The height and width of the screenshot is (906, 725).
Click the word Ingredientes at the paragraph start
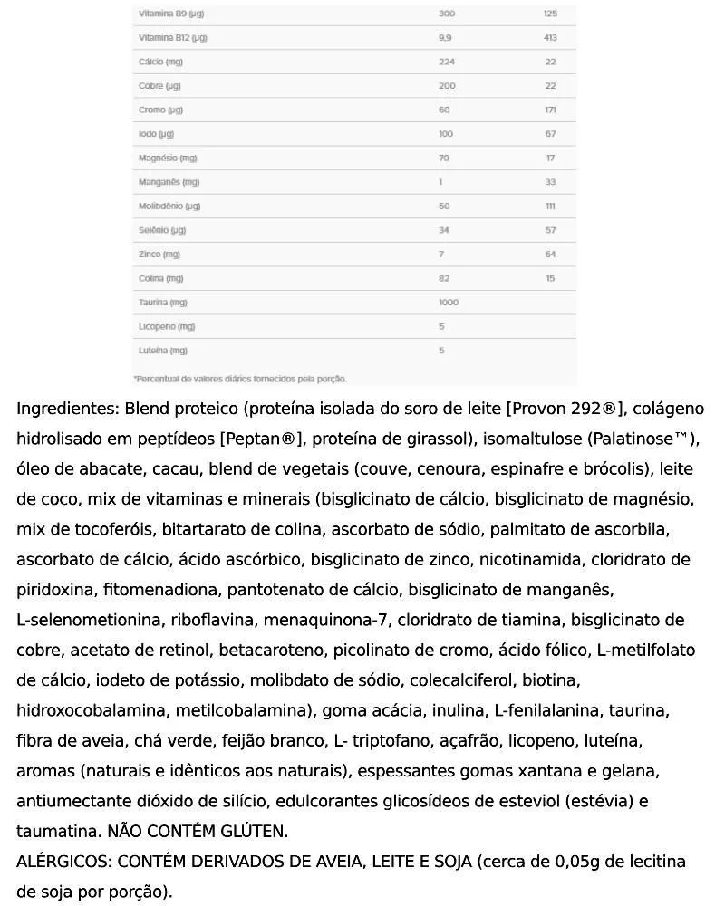(67, 409)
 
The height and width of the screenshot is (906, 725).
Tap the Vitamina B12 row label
(172, 38)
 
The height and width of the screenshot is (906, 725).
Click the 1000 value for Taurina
(448, 303)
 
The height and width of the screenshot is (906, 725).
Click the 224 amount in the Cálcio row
(445, 63)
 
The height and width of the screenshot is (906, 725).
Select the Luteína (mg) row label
(163, 351)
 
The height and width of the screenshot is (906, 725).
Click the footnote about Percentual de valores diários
(240, 379)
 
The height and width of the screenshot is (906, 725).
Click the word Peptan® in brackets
(261, 439)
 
